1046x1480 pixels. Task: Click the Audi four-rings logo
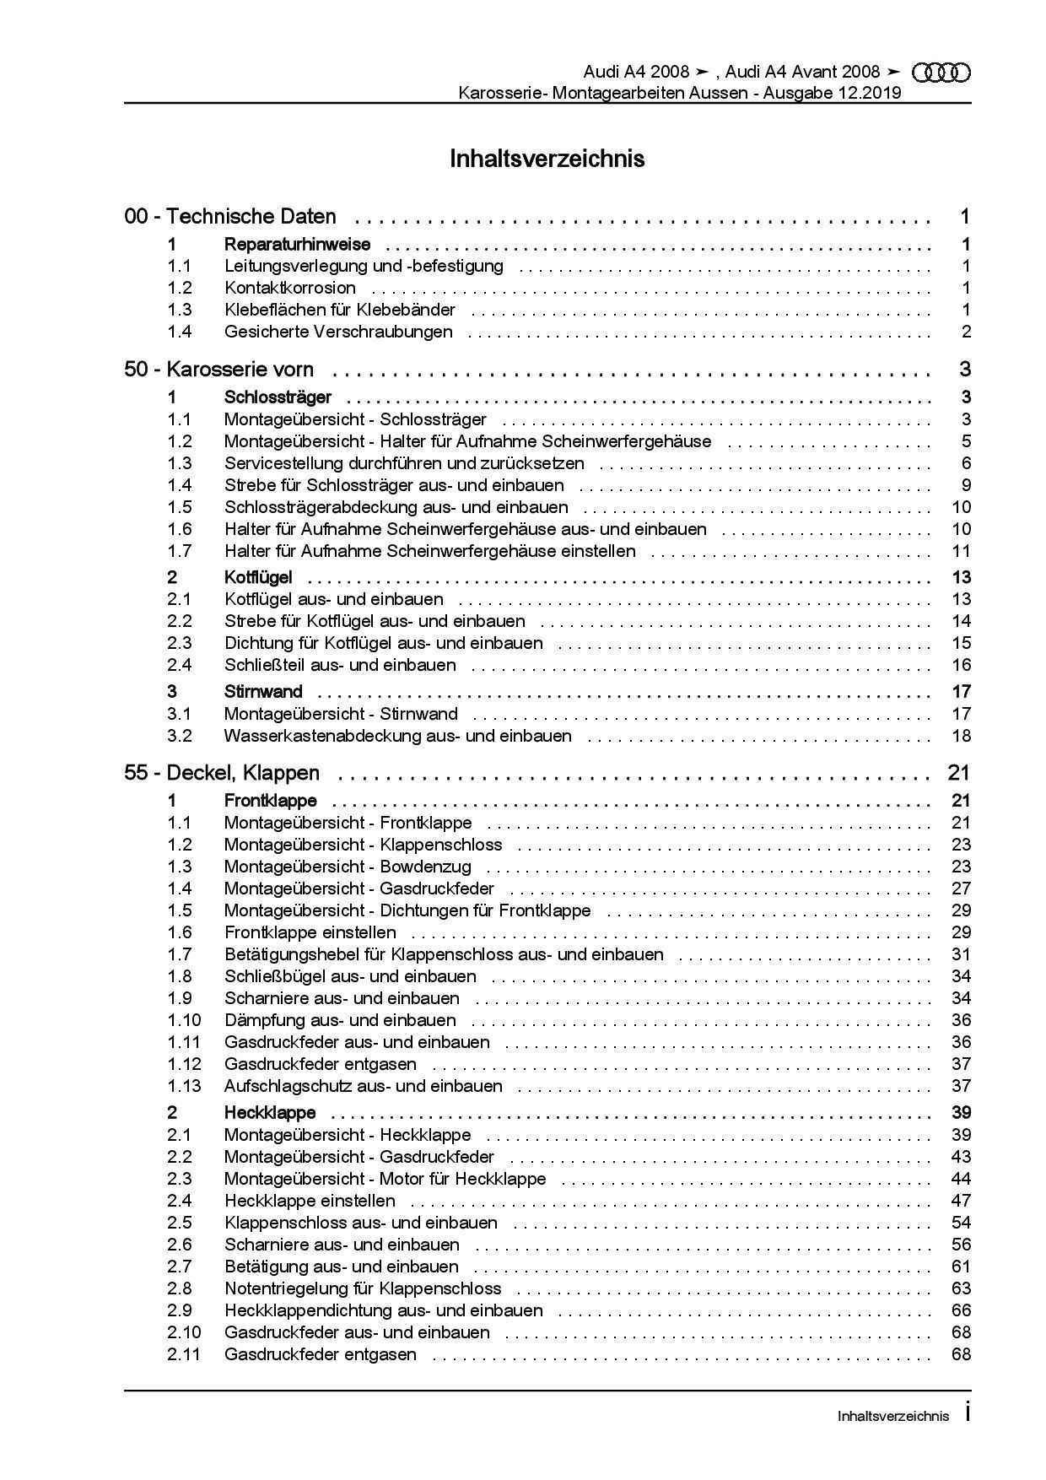click(x=942, y=73)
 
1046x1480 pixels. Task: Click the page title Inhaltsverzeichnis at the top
click(x=547, y=159)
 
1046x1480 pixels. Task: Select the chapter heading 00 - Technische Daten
click(x=230, y=217)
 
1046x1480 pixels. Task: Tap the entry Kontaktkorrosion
click(x=289, y=288)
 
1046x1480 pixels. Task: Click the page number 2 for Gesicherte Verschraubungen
click(x=966, y=332)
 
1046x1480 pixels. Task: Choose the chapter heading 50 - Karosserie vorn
click(x=218, y=370)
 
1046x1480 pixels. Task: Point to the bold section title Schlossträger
click(x=278, y=397)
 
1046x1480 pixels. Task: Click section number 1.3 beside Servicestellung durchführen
click(x=179, y=463)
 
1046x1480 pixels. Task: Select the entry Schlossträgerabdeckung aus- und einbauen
click(x=396, y=507)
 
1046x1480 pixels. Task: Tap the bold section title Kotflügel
click(x=258, y=577)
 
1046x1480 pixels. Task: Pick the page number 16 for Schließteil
click(x=961, y=665)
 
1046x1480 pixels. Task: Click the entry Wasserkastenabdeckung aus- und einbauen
click(x=397, y=736)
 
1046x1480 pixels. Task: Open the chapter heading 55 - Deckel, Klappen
click(x=222, y=773)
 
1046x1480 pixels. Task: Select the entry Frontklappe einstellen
click(x=310, y=932)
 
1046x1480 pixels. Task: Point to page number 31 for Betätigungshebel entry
click(x=961, y=954)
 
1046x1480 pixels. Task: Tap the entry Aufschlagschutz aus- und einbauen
click(x=363, y=1086)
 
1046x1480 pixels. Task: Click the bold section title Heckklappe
click(x=270, y=1113)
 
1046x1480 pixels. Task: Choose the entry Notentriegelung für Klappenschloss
click(x=362, y=1288)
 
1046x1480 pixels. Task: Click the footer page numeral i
click(x=967, y=1412)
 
